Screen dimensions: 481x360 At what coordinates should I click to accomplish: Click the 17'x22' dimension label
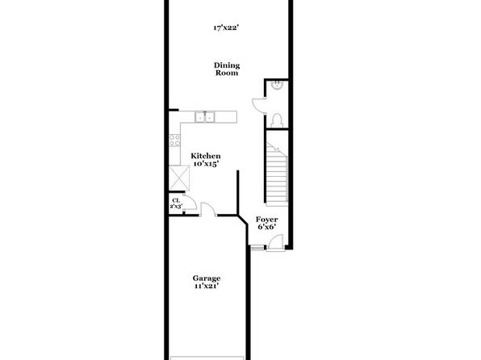pos(226,28)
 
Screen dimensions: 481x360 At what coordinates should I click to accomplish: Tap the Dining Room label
pos(227,69)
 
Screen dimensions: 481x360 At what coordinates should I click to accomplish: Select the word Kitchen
pos(206,156)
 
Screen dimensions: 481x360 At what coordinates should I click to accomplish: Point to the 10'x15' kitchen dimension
pos(206,164)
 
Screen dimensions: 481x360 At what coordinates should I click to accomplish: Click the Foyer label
pos(267,220)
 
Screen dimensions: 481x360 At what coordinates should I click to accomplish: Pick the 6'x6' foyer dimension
pos(267,227)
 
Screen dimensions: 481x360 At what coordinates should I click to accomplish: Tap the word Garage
pos(207,278)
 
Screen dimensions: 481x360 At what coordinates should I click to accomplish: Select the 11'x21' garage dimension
pos(207,287)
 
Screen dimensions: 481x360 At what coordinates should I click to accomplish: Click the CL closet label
pos(176,201)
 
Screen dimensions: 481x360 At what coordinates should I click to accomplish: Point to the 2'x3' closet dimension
pos(177,207)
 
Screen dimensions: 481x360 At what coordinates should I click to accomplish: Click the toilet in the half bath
pos(278,120)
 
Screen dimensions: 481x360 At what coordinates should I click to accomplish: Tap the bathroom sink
pos(278,85)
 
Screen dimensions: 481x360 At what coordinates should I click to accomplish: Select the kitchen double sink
pos(205,117)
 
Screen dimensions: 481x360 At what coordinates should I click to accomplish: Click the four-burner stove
pos(174,140)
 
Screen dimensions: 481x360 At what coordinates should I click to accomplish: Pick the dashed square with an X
pos(179,178)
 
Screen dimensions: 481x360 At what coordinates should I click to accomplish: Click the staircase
pos(277,174)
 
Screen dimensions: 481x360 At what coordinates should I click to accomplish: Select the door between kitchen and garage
pos(208,209)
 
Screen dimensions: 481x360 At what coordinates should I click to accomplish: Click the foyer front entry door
pos(275,242)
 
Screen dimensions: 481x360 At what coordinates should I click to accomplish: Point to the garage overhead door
pos(207,358)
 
